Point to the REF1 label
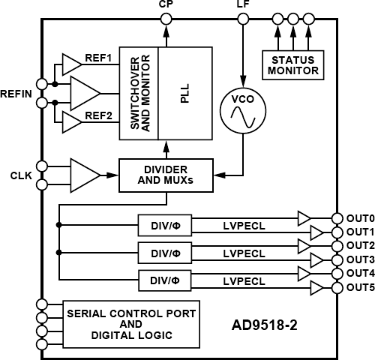97,58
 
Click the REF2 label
97,117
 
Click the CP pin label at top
166,5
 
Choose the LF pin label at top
243,5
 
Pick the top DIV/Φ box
160,224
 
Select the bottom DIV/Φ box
160,280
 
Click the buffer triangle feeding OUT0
303,217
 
